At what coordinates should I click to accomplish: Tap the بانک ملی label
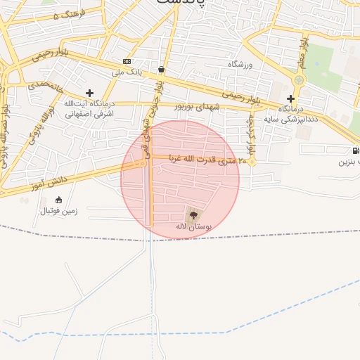(127, 71)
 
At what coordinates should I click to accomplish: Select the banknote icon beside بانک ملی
(127, 61)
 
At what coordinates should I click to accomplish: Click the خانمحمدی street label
(46, 88)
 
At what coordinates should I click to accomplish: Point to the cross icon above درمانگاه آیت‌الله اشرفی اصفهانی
(89, 93)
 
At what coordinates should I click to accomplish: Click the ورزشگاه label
(239, 64)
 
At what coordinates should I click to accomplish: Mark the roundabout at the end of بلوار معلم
(299, 80)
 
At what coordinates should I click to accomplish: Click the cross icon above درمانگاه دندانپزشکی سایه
(290, 98)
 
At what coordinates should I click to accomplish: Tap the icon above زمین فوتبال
(58, 200)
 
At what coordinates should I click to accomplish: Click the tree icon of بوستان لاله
(194, 214)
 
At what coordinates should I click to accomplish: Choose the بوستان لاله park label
(193, 227)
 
